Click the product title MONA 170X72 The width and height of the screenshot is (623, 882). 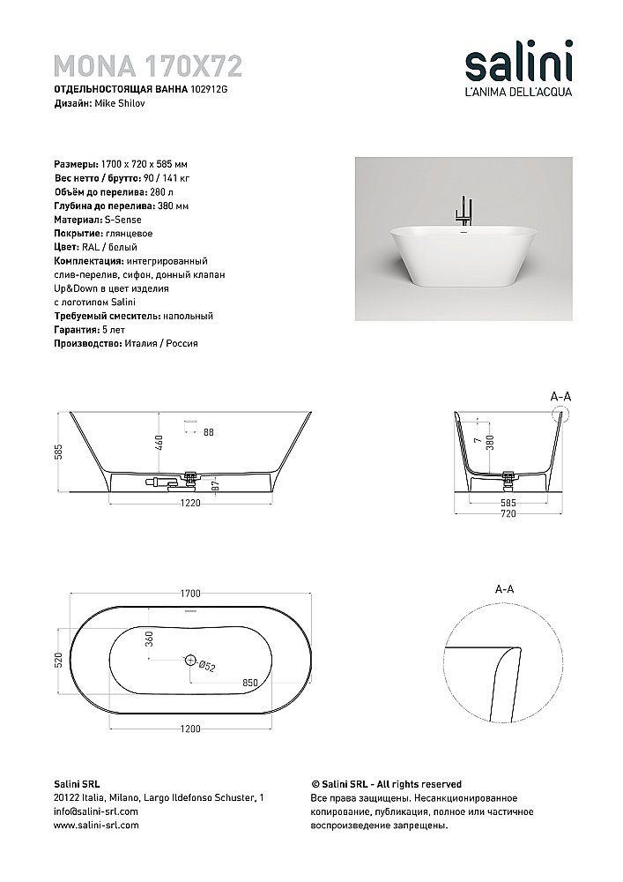[148, 65]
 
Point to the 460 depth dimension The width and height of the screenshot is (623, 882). [160, 443]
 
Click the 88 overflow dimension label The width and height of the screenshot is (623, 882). [209, 432]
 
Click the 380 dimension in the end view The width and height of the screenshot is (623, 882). [501, 440]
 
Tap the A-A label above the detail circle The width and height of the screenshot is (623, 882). [504, 587]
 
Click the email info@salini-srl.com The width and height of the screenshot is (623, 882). [96, 811]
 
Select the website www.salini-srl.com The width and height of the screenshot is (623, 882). [96, 825]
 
